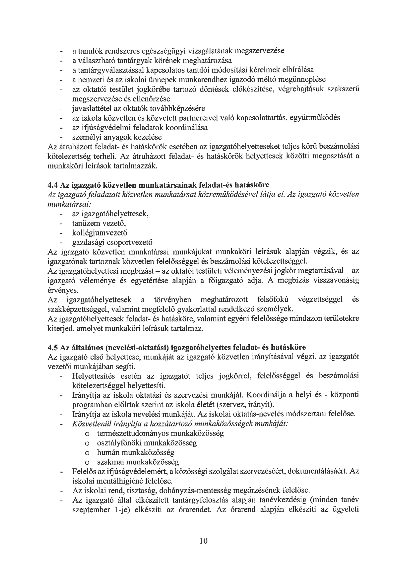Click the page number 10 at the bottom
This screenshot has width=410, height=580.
click(204, 541)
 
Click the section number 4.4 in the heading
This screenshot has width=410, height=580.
click(52, 185)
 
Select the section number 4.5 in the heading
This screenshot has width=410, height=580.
click(52, 347)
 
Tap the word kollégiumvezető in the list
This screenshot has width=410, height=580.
click(99, 233)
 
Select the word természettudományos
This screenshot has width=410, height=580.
click(133, 433)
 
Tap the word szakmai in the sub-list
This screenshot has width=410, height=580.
click(110, 462)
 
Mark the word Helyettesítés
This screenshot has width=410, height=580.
click(93, 376)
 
